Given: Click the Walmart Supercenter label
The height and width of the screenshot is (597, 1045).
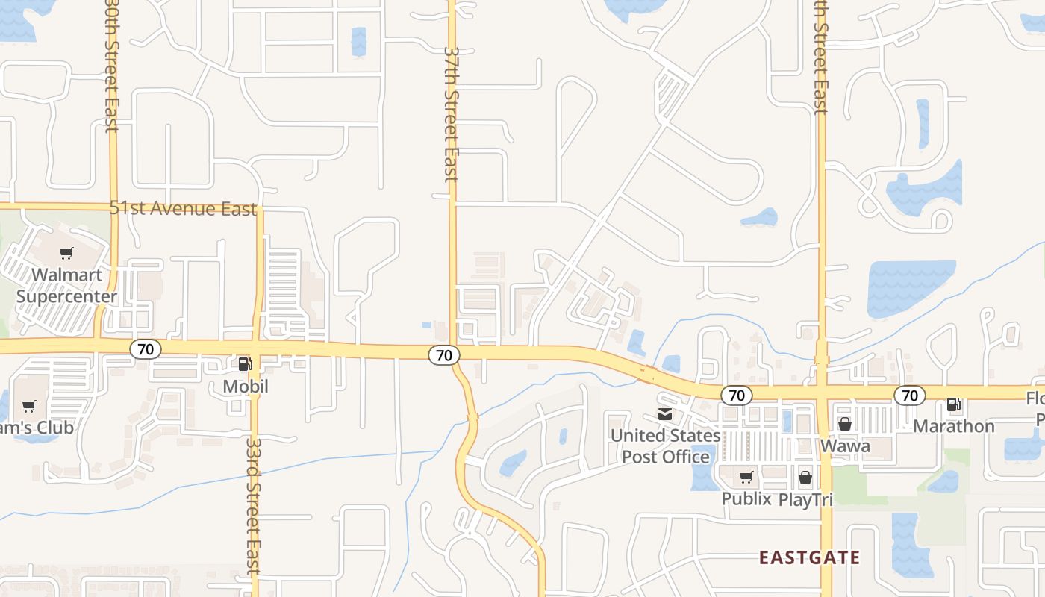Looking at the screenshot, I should tap(66, 286).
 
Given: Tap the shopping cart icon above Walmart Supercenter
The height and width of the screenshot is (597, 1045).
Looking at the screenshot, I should tap(66, 254).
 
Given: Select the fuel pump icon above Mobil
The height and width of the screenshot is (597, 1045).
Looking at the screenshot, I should tap(245, 364).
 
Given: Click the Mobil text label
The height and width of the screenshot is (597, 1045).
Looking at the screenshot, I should tap(246, 387).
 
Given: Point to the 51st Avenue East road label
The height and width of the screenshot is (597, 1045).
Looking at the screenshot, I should tap(183, 208).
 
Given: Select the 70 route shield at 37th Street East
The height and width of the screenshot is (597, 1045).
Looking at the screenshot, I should tap(444, 355).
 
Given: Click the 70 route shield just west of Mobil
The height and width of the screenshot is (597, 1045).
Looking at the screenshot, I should tap(146, 348).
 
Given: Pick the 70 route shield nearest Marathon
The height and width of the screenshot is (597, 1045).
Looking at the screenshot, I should tap(909, 395).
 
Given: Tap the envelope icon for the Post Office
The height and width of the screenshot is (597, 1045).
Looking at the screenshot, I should tap(664, 414).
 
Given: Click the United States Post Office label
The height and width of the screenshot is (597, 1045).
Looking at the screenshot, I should tap(666, 446).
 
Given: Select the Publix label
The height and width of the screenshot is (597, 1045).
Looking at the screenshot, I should tap(746, 498).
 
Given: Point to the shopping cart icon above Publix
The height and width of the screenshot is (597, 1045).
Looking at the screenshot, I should tap(746, 478).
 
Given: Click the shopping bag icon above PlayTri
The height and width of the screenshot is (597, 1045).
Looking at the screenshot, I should tap(805, 478).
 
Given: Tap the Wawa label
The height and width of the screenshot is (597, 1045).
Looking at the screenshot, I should tap(845, 446).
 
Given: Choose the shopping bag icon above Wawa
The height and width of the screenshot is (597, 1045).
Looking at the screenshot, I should tap(845, 424).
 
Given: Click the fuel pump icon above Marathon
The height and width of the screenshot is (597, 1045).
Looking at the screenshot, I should tap(954, 404).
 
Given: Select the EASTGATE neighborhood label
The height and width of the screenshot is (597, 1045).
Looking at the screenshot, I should tap(809, 557).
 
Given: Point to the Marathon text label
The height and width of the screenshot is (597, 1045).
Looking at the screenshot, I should tap(954, 426).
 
